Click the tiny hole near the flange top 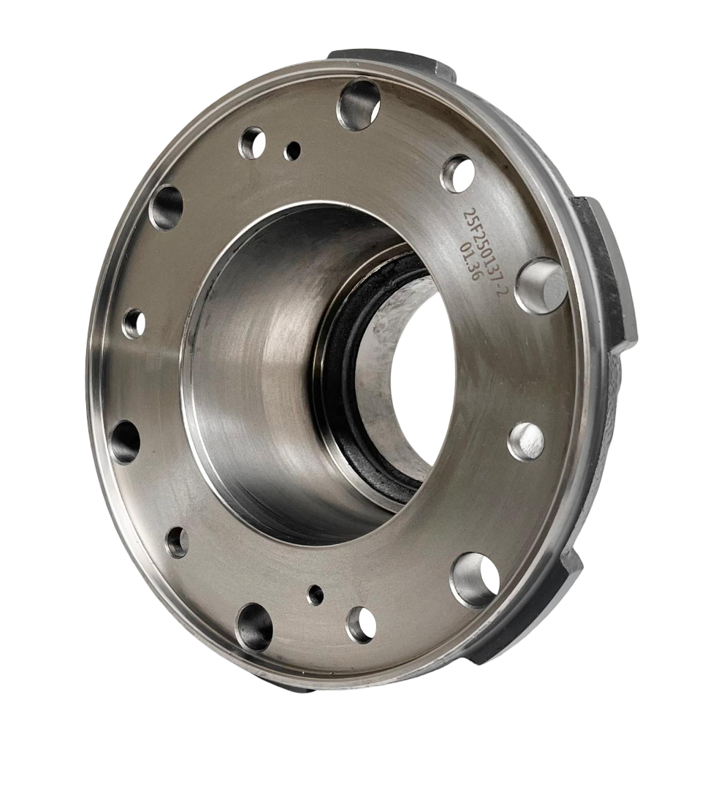292,150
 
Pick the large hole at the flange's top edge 359,104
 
